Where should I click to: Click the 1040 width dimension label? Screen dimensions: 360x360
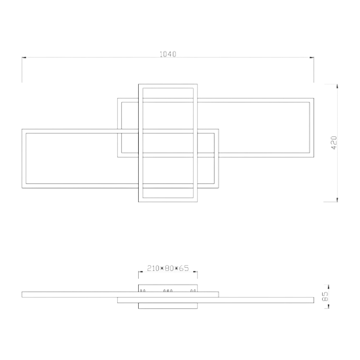[168, 54]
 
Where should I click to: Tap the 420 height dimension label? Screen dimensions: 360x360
[334, 143]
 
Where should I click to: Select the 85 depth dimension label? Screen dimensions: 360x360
[325, 297]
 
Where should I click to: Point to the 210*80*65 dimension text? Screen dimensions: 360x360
[168, 268]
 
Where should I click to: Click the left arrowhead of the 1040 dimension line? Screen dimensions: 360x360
[24, 58]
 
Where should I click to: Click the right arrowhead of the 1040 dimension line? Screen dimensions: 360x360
[312, 58]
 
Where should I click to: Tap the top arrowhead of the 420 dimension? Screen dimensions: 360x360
[337, 86]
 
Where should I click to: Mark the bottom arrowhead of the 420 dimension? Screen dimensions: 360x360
[337, 200]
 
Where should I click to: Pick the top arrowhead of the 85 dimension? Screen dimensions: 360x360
[329, 287]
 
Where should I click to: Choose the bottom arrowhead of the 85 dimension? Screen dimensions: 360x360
[329, 306]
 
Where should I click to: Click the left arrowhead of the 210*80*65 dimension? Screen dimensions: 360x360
[141, 272]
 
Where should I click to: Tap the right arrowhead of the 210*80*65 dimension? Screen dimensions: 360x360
[195, 272]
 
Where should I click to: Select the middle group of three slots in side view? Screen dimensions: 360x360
[168, 291]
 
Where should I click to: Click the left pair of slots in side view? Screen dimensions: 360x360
[143, 291]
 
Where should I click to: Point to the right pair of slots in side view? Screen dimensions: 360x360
[193, 291]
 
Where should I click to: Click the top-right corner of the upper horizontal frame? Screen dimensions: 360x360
[314, 98]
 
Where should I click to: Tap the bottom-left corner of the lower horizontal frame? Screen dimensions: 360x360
[22, 188]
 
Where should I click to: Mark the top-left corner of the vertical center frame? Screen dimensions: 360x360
[139, 84]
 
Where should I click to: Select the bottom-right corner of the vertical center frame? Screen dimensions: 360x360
[197, 202]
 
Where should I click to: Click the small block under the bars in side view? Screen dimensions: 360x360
[168, 306]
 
